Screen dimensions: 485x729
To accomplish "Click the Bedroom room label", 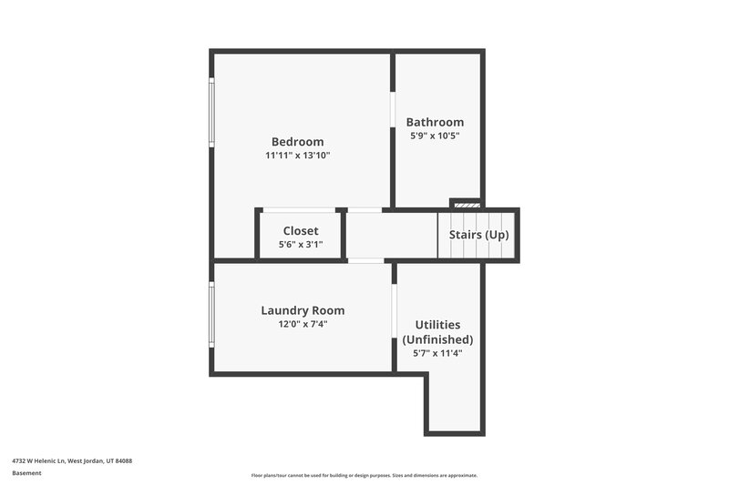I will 297,142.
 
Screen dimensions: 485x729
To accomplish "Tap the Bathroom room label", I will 435,122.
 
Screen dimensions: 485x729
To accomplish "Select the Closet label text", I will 301,231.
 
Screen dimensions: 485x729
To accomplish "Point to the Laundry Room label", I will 303,310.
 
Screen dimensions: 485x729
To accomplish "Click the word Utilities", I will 437,325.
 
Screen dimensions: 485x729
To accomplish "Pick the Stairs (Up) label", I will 478,235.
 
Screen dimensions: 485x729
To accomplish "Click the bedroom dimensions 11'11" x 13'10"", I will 297,156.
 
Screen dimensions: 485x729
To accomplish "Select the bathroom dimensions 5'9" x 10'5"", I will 435,136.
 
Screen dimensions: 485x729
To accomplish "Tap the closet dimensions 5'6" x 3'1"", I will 301,244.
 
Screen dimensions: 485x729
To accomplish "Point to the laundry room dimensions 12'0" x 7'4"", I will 303,323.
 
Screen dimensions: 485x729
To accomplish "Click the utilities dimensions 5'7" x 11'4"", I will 437,353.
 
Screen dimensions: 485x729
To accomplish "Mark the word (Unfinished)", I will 437,339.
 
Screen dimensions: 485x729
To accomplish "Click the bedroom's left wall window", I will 212,112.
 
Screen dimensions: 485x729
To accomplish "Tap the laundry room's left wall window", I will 212,314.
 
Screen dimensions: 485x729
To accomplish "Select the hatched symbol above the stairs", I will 466,205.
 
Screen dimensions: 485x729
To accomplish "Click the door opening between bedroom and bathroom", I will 393,110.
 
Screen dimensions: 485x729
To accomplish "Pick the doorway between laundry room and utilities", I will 395,313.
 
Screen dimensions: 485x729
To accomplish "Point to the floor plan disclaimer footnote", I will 364,475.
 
